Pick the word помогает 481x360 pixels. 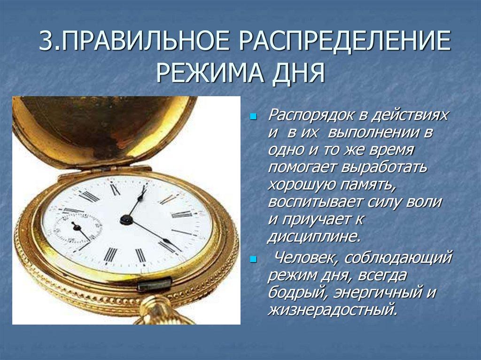tap(305, 168)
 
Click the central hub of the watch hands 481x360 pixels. tap(125, 219)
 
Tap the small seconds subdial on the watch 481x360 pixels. tap(77, 227)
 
